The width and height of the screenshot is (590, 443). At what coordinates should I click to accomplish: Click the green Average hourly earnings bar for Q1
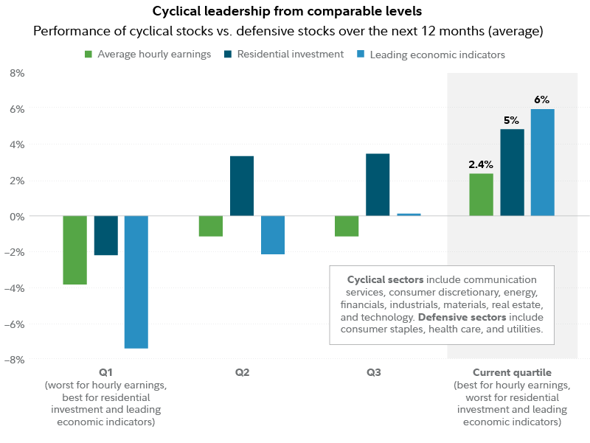(x=74, y=250)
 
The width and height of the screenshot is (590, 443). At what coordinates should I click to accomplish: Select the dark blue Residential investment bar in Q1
(x=105, y=236)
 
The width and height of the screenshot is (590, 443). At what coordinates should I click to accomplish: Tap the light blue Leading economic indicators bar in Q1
(x=136, y=282)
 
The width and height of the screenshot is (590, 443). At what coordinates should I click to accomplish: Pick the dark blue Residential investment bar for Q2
(x=242, y=186)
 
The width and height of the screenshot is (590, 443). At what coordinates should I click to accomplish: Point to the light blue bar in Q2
(x=272, y=235)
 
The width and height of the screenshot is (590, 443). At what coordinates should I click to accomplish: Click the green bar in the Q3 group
(x=347, y=226)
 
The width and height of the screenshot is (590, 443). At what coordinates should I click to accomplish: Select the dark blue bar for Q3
(x=378, y=184)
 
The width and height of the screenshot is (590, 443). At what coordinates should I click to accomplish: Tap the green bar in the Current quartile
(x=481, y=195)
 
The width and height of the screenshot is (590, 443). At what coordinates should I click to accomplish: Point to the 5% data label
(x=512, y=120)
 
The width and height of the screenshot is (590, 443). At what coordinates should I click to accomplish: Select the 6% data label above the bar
(x=542, y=100)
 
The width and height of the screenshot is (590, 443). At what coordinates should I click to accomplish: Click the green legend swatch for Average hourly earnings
(x=88, y=55)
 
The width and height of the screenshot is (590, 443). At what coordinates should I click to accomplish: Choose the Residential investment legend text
(x=301, y=55)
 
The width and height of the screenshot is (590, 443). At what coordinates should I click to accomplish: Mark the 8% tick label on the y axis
(x=16, y=73)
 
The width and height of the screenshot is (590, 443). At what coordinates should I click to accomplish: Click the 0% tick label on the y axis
(x=16, y=216)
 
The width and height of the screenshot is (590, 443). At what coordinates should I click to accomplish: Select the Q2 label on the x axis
(x=242, y=373)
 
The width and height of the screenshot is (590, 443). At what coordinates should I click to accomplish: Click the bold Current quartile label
(x=512, y=373)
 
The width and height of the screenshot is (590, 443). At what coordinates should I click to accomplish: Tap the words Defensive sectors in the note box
(x=454, y=317)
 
